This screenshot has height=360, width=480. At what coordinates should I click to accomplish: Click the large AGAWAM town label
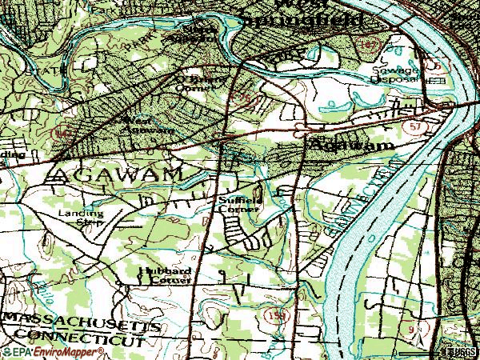tap(120, 173)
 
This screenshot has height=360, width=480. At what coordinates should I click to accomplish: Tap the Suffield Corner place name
tap(238, 204)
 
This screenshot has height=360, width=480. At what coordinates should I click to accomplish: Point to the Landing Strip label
tap(80, 218)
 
